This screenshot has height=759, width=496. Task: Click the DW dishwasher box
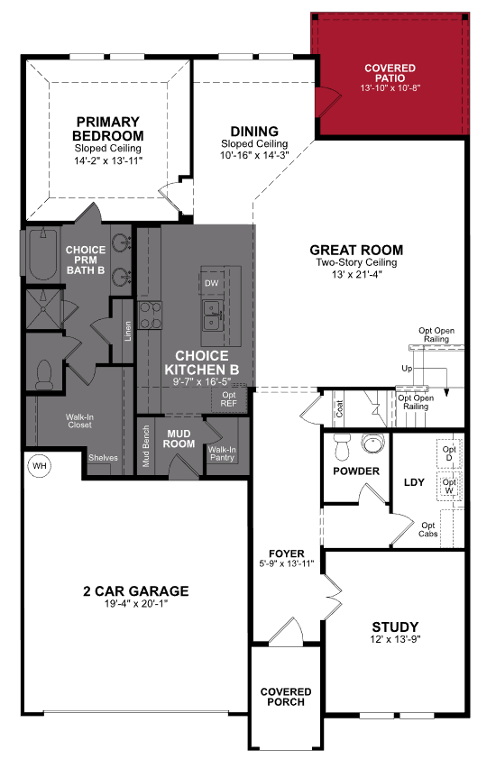pos(212,283)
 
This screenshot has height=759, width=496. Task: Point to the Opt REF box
pos(229,398)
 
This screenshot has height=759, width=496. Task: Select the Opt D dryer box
pos(449,453)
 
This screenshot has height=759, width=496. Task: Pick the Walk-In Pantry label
pos(222,454)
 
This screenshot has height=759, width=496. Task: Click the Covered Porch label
pos(286,696)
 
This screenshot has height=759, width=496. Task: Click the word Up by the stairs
pos(407,369)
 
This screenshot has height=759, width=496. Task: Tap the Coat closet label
pos(340,409)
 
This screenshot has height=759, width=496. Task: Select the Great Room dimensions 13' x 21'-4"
pos(356,274)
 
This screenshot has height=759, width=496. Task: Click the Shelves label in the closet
pos(103,457)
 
